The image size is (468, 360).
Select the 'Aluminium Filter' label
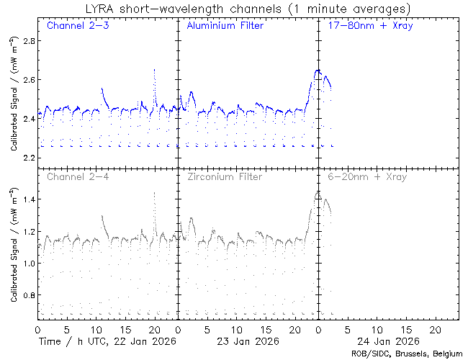point(225,26)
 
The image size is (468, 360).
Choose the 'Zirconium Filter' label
point(225,176)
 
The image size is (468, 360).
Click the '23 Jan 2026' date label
point(247,341)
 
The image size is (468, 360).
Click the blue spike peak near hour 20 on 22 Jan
point(155,70)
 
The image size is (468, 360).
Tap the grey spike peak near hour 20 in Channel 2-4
point(155,193)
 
